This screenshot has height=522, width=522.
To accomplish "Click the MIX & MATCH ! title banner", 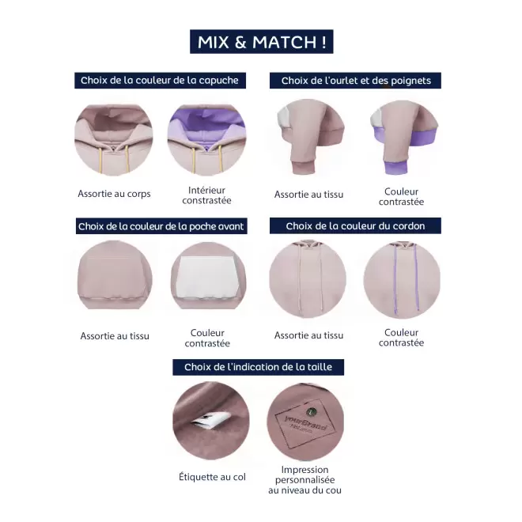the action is point(261,42).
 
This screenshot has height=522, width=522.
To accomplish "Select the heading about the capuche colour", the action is point(160,81).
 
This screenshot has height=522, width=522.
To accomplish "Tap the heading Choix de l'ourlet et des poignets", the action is point(355,81).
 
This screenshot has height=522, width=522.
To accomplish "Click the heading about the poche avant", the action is point(161,226).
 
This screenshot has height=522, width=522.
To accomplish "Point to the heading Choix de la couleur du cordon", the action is point(355,225).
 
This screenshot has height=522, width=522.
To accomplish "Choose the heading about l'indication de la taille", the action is point(258,367).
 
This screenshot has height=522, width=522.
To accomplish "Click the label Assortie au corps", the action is point(114,194).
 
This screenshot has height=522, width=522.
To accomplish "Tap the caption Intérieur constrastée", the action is point(206,195).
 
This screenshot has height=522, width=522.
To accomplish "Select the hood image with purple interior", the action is point(206,139).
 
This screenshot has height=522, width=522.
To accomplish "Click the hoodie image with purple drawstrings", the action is point(402,280).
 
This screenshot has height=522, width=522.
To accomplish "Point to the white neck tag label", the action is point(210,420).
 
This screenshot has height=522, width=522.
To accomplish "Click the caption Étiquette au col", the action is point(212,477).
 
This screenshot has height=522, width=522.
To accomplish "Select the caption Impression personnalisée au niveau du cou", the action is point(304,480).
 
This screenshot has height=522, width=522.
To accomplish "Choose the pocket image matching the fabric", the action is point(115,274).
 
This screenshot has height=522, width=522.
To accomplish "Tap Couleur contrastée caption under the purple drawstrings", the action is point(401,338).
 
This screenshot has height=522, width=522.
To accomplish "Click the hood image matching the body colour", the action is point(114,139).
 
